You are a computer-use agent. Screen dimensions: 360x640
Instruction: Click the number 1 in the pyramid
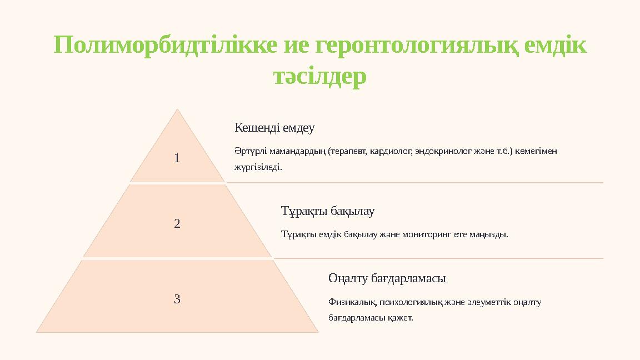tap(177, 159)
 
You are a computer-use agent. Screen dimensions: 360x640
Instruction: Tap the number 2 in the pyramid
tap(177, 224)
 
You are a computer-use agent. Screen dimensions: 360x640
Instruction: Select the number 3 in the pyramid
tap(177, 299)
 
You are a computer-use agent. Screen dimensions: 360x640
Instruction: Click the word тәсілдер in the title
tap(320, 77)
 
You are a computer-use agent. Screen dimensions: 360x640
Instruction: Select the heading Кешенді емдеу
tap(274, 128)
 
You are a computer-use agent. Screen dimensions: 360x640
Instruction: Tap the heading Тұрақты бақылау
tap(328, 212)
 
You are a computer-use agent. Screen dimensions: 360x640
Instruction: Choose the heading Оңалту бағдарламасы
tap(387, 278)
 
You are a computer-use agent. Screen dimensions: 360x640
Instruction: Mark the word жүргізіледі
tap(258, 167)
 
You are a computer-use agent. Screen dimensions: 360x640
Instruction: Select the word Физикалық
tap(353, 303)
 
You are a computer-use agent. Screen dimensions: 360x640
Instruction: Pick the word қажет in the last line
tap(402, 319)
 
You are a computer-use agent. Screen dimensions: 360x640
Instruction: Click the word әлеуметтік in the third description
tap(487, 303)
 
